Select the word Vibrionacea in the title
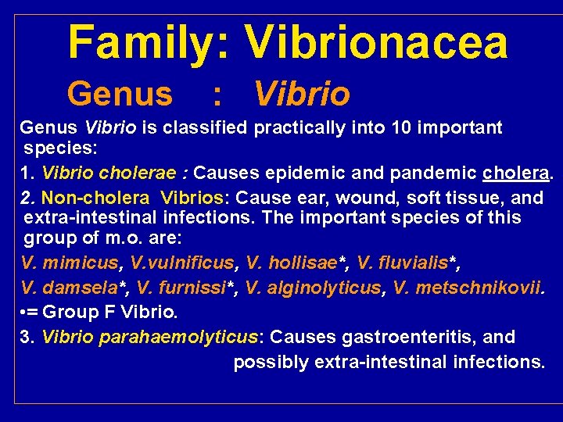pos(375,43)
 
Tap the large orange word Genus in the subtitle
pos(120,95)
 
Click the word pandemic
pos(435,172)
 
